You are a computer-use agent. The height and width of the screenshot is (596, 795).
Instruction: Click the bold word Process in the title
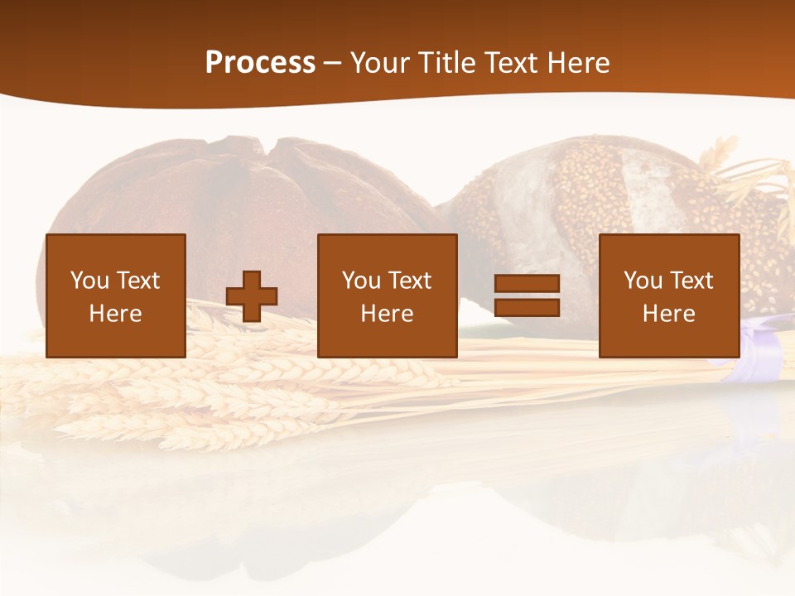260,63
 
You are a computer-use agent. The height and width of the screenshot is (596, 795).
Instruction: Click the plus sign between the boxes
252,296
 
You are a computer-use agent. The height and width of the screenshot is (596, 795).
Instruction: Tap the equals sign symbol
527,296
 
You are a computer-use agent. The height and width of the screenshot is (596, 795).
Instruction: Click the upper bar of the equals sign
527,284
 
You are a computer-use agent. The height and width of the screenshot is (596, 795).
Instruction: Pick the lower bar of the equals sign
527,308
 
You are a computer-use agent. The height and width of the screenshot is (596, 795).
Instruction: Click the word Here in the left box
116,314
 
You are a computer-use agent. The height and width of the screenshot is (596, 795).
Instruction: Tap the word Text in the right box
691,281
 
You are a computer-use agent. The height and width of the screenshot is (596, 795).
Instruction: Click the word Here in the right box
669,314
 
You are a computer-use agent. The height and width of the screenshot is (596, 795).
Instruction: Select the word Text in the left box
137,281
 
